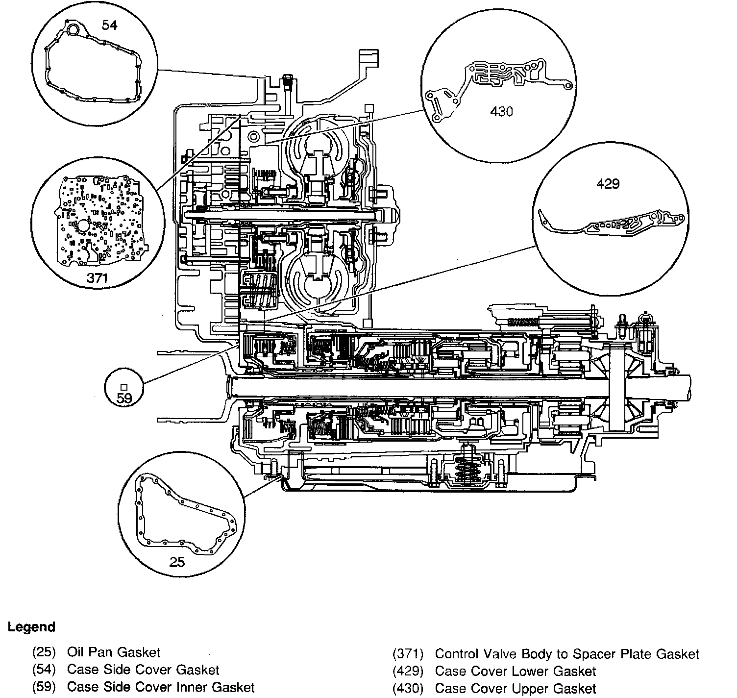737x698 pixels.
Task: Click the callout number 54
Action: click(109, 25)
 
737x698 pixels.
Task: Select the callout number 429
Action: click(608, 184)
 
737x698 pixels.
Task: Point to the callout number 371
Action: click(97, 278)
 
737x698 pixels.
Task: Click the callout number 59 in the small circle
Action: click(124, 398)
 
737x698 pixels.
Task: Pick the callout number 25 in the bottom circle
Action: click(177, 561)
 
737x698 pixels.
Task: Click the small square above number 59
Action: click(124, 387)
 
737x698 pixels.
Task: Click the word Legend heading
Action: click(31, 627)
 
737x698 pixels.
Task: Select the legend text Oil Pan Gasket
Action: click(114, 652)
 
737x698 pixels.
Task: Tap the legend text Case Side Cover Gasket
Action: click(143, 670)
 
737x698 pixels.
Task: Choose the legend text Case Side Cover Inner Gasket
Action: click(161, 687)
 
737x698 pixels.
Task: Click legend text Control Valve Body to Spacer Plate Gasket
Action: click(567, 654)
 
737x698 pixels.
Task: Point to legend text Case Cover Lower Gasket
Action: click(516, 671)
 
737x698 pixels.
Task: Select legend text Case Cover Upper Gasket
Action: click(516, 689)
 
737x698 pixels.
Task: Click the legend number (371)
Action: click(408, 654)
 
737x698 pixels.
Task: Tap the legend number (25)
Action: click(45, 652)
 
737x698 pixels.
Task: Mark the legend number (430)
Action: click(408, 689)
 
